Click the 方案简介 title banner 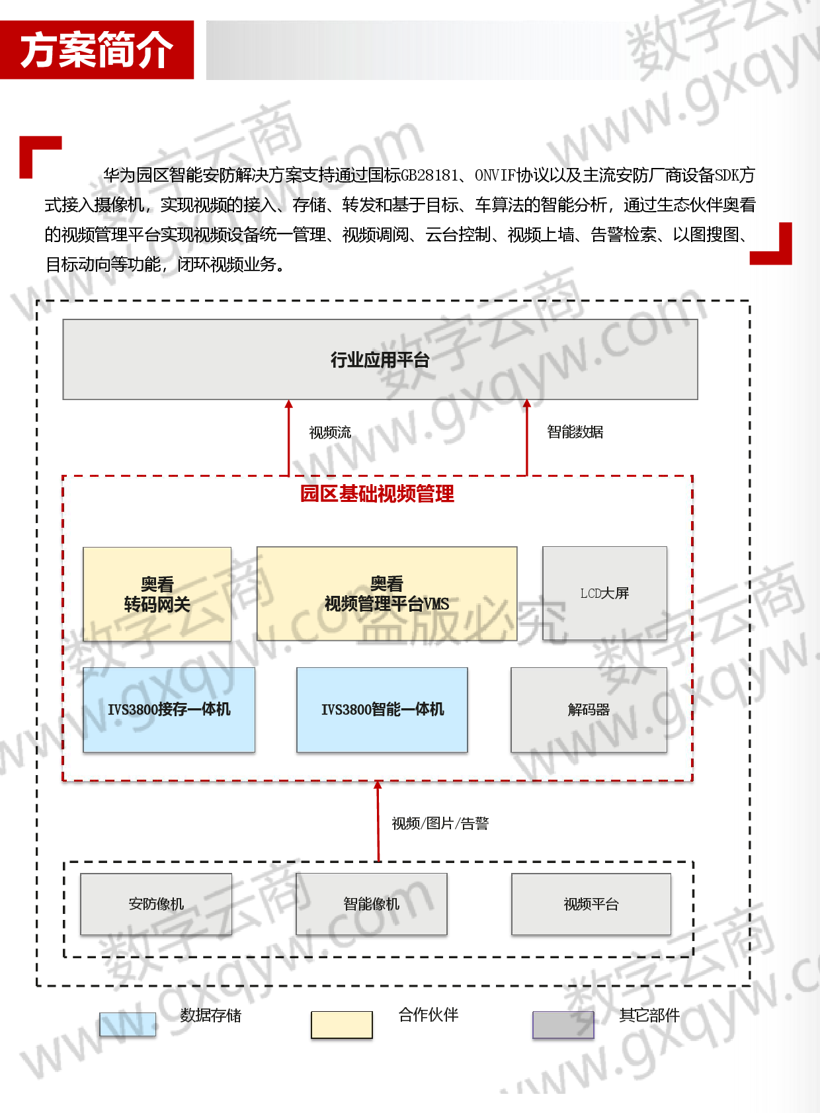coord(97,50)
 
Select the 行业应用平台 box coord(380,359)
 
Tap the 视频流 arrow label coord(330,433)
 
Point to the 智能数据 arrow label coord(575,431)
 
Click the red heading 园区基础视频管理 coord(377,493)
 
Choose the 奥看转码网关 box coord(157,595)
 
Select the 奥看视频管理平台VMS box coord(387,594)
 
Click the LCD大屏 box coord(605,593)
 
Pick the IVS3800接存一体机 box coord(169,710)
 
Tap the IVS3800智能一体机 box coord(382,710)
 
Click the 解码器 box coord(589,710)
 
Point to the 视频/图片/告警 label coord(440,823)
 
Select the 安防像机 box coord(156,904)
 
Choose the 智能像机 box coord(371,904)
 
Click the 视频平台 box coord(591,904)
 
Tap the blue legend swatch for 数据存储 coord(128,1024)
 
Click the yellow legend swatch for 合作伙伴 coord(342,1024)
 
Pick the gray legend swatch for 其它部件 coord(563,1024)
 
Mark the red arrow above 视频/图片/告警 coord(378,821)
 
